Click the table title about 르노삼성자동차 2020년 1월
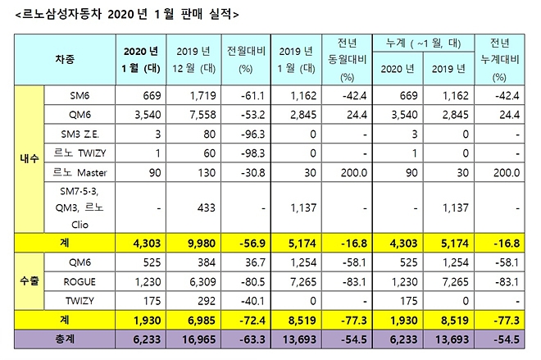pyautogui.click(x=122, y=14)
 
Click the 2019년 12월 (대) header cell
pyautogui.click(x=192, y=60)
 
